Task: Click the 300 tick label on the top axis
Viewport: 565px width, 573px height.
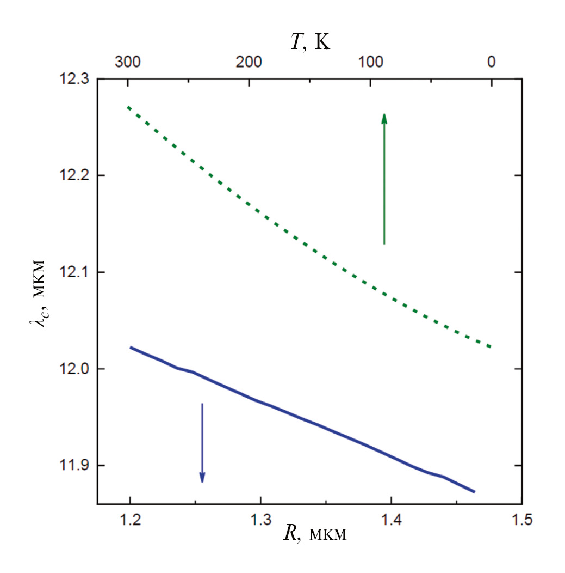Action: (128, 62)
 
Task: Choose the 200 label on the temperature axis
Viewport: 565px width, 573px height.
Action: (249, 62)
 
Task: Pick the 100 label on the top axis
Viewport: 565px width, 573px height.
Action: (370, 62)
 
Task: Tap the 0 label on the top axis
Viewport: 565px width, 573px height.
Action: (491, 62)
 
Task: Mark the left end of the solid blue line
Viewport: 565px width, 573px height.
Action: (130, 347)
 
